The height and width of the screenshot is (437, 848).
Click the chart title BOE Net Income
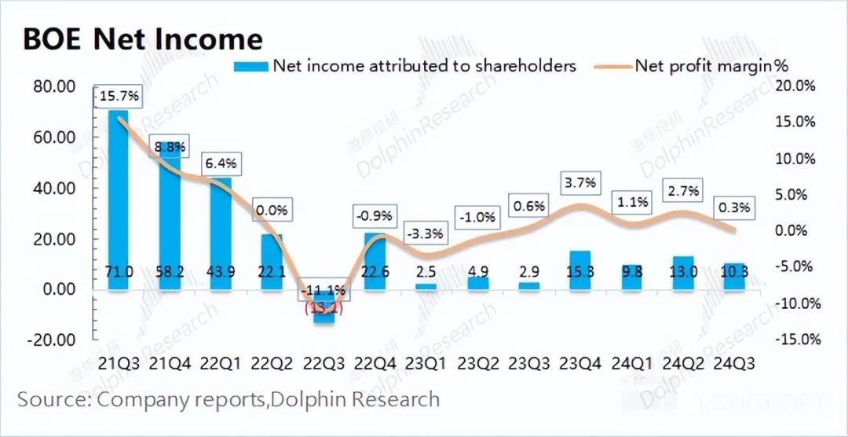coord(142,39)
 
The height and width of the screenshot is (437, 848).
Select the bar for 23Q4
coord(579,270)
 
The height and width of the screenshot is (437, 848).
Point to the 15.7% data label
coord(119,97)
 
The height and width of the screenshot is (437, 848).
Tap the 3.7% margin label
coord(580,183)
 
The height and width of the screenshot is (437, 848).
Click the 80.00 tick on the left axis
coord(54,86)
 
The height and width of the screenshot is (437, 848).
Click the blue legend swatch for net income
coord(251,66)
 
